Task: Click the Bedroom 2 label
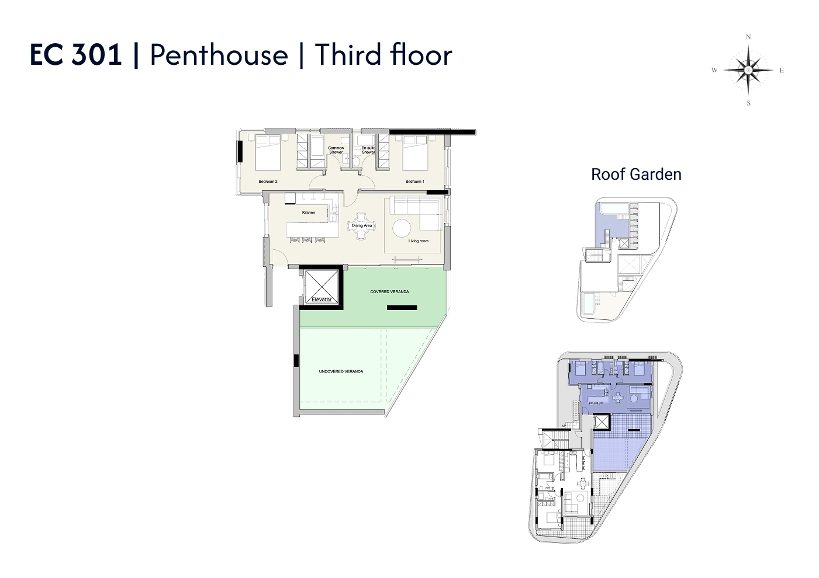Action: coord(268,182)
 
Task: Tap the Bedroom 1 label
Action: coord(414,182)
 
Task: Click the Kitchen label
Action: coord(309,213)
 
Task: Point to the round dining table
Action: coord(362,225)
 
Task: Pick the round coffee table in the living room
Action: coord(402,228)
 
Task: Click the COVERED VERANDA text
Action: coord(389,292)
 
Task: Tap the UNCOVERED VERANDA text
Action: coord(341,372)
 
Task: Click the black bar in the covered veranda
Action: coord(402,308)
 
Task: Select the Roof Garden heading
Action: coord(636,175)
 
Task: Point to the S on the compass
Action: coord(748,103)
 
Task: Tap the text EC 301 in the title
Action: coord(75,55)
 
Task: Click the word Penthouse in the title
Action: coord(219,55)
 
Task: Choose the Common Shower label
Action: coord(336,150)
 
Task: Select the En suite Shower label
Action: coord(368,150)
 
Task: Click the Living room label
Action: coord(419,241)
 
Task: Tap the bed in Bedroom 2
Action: coord(268,152)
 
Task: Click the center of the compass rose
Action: coord(748,70)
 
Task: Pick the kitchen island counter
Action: coord(312,230)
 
